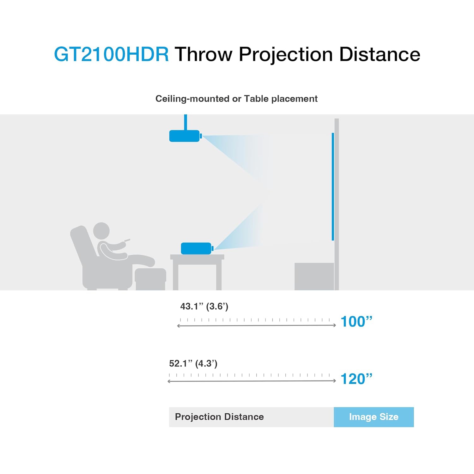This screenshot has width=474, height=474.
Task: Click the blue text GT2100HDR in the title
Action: tap(111, 54)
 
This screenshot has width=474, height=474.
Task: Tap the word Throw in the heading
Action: tap(204, 54)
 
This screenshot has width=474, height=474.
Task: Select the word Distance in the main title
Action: tap(380, 54)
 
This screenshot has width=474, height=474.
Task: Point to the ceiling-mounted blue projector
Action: tap(185, 136)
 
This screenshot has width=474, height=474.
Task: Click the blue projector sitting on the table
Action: tap(196, 248)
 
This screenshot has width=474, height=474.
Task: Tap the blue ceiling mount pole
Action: tap(185, 122)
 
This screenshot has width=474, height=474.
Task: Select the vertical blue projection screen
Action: tap(333, 186)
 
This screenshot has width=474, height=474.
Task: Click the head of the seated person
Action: tap(101, 230)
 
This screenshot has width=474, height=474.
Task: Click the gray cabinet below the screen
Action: tap(314, 276)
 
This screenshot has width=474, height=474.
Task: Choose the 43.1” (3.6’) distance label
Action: tap(204, 306)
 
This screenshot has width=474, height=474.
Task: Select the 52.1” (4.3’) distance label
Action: tap(193, 363)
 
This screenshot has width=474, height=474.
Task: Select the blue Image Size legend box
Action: tap(374, 417)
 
